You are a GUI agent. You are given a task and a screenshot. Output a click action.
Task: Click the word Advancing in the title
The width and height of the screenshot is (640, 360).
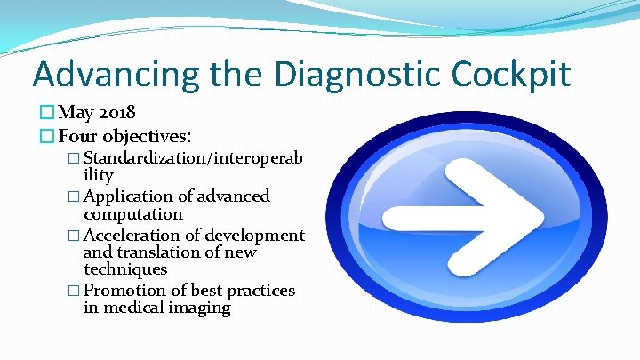coord(116,74)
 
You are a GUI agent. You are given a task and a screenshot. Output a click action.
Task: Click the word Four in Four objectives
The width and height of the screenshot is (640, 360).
coord(78,137)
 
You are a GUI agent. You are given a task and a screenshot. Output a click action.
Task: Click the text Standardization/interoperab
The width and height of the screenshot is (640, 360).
coord(194,159)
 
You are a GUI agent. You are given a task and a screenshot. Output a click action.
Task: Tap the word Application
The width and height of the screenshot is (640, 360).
coord(128,196)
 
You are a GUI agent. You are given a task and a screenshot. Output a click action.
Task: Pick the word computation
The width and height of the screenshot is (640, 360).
coord(133,214)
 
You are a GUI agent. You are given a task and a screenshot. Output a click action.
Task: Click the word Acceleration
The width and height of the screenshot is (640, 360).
coord(132,235)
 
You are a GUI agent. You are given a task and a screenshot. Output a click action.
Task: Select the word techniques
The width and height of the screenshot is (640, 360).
coord(125,268)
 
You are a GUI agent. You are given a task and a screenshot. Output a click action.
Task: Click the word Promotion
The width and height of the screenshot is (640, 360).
coord(124,291)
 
